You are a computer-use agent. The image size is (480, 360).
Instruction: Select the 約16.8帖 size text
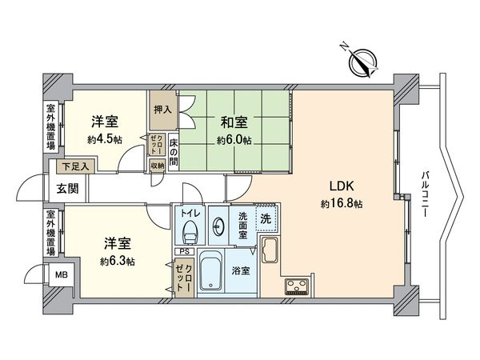342,204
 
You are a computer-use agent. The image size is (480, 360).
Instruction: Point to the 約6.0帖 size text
234,140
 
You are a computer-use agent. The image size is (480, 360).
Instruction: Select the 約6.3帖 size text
118,262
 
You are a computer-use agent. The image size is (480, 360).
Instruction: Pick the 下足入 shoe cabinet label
78,167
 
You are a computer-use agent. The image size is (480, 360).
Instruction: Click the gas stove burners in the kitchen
294,288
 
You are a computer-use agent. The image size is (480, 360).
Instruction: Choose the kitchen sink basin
270,253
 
